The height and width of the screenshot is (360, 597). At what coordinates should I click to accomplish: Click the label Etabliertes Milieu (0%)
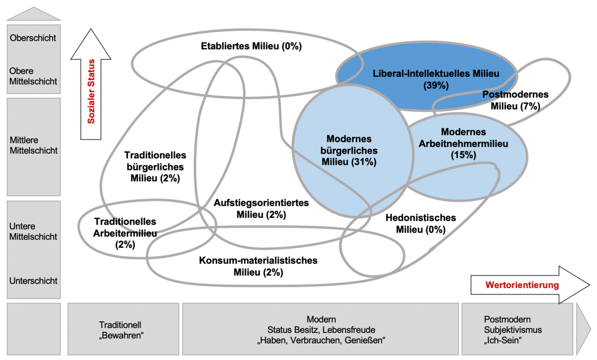point(251,46)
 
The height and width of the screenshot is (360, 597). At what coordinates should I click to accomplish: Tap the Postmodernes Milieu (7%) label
point(515,100)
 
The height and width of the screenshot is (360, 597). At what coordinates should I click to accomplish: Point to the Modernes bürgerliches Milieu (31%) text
point(349,150)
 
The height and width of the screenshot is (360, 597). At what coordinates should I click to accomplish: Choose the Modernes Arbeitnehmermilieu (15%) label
point(463,144)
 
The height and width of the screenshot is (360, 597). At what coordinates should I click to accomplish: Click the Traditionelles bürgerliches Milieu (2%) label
point(155,166)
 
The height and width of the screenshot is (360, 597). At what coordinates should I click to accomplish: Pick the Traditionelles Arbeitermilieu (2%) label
point(125,233)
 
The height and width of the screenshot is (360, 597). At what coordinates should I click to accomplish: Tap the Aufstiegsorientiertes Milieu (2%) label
point(261,209)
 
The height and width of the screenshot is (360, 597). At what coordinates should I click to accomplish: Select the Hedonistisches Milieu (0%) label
point(421,223)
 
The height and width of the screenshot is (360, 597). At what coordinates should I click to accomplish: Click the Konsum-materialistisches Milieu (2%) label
point(258,266)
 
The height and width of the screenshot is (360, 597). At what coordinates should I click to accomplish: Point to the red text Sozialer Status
point(91,91)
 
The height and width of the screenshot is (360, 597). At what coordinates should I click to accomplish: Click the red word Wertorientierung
point(522,285)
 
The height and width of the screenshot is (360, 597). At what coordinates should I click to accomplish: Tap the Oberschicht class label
point(33,38)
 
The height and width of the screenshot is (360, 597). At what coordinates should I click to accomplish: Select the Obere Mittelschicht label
point(33,76)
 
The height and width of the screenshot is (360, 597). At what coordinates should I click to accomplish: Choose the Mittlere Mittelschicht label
point(33,145)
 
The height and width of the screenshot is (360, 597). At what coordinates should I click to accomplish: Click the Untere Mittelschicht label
point(33,231)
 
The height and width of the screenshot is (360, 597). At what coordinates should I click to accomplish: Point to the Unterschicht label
point(33,281)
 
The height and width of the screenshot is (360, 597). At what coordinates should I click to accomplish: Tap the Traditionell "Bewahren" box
point(123,329)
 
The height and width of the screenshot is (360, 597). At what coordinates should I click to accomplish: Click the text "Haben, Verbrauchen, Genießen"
point(321,340)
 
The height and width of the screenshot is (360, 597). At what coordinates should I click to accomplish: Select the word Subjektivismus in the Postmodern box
point(513,330)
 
